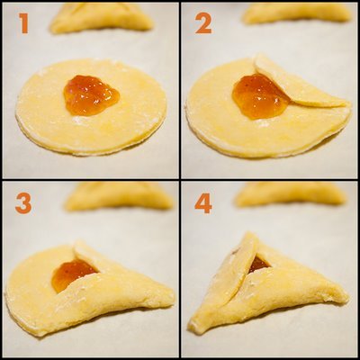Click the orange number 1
pyautogui.click(x=24, y=22)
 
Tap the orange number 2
pyautogui.click(x=203, y=22)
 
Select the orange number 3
pyautogui.click(x=23, y=202)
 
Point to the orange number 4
pyautogui.click(x=203, y=202)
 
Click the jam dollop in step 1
pyautogui.click(x=91, y=95)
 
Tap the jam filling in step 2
pyautogui.click(x=258, y=97)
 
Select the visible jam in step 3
pyautogui.click(x=71, y=274)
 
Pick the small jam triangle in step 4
pyautogui.click(x=258, y=264)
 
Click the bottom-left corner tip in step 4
pyautogui.click(x=191, y=328)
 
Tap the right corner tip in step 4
pyautogui.click(x=347, y=298)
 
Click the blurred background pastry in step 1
pyautogui.click(x=102, y=19)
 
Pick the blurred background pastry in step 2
pyautogui.click(x=297, y=13)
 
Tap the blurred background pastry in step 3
pyautogui.click(x=119, y=196)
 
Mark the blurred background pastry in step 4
pyautogui.click(x=291, y=194)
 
